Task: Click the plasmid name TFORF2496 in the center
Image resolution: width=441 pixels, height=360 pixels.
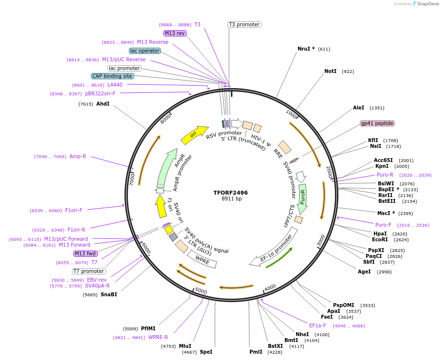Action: point(230,193)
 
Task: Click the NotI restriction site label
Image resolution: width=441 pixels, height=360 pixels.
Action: point(330,71)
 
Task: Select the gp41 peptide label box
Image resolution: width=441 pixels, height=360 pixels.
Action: point(377,123)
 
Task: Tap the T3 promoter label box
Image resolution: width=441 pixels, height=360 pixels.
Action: point(244,24)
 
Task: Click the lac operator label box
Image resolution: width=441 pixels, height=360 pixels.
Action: point(145,51)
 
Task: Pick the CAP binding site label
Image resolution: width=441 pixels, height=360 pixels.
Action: point(112,76)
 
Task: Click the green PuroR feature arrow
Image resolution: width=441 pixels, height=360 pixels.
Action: point(302,199)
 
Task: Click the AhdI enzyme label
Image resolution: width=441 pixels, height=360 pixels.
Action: point(103,104)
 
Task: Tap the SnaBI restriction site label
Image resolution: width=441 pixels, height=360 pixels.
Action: point(109,294)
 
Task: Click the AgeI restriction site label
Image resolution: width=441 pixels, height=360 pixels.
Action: point(364,271)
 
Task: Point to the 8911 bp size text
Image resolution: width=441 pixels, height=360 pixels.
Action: point(231,199)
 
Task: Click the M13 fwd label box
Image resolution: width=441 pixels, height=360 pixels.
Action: point(86,253)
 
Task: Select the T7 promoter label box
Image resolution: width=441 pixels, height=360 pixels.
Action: point(88,271)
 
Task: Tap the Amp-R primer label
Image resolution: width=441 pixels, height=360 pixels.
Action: point(78,156)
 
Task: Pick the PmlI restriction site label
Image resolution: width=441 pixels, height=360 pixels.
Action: point(256,352)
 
